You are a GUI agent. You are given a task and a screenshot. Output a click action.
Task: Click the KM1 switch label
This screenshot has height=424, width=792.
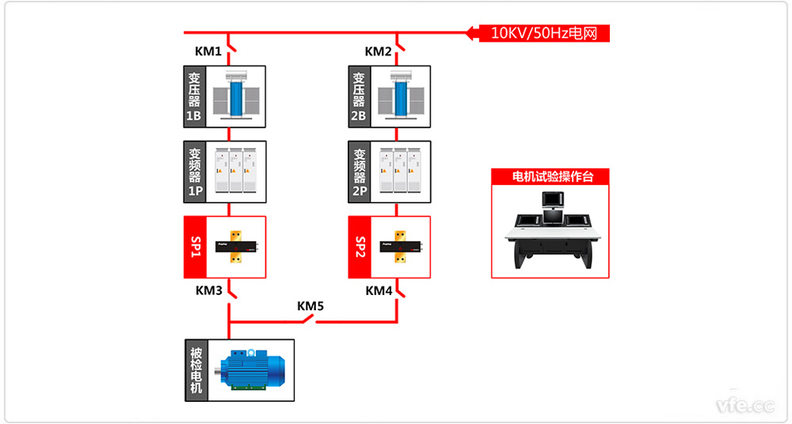(x=208, y=51)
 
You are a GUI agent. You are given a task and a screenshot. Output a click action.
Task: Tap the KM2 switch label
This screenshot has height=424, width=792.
(x=378, y=51)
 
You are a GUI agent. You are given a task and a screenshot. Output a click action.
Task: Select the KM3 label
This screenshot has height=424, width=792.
(x=209, y=290)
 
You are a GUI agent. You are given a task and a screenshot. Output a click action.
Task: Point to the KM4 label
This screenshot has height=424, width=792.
(x=379, y=290)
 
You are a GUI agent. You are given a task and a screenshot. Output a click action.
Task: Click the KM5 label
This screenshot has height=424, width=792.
(x=310, y=305)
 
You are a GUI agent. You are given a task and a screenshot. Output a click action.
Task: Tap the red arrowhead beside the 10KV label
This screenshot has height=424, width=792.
(x=472, y=33)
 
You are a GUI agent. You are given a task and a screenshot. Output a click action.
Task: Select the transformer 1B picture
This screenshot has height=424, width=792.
(x=235, y=96)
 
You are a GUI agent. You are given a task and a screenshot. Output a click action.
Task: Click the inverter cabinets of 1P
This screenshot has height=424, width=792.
(x=235, y=170)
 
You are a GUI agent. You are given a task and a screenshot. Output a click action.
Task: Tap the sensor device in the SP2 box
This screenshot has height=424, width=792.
(x=403, y=246)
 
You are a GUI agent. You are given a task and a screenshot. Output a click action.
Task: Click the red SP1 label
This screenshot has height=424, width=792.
(x=195, y=246)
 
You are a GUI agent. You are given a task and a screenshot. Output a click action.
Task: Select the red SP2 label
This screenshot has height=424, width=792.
(x=360, y=246)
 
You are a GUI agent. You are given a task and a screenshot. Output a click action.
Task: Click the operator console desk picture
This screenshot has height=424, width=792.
(x=551, y=233)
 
